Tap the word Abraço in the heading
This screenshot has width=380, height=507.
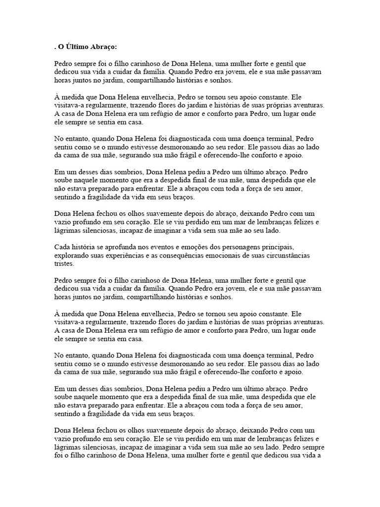click(102, 47)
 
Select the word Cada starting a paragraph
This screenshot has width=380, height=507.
click(62, 247)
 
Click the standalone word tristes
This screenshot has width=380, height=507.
click(63, 264)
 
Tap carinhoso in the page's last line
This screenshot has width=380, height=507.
click(105, 456)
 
